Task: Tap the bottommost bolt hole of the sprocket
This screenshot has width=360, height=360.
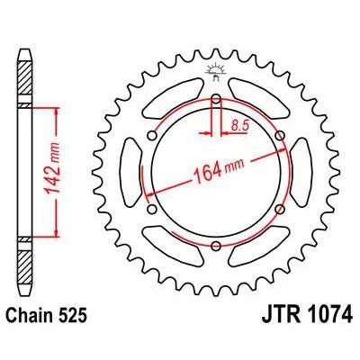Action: pos(217,247)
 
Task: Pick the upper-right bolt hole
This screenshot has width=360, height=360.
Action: pos(281,135)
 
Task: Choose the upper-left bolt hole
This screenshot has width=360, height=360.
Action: pos(153,135)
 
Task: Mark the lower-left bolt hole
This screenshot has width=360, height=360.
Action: pos(153,209)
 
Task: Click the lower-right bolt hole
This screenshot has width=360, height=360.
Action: pos(281,209)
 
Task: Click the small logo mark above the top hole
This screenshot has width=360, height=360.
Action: pos(217,70)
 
